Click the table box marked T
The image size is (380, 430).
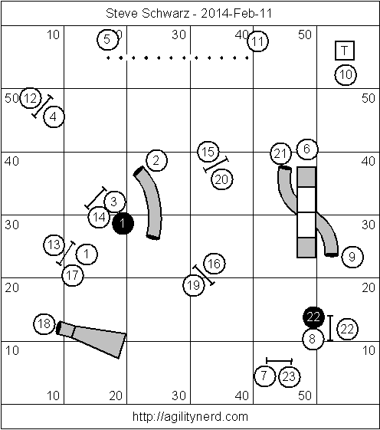point(345,51)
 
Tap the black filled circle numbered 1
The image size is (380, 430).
point(123,224)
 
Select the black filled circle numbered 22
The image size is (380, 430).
point(313,317)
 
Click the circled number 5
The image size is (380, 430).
point(108,40)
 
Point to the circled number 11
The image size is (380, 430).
point(257,41)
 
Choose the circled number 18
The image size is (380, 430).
point(44,324)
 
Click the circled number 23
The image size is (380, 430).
point(290,376)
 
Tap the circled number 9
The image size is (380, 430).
point(352,257)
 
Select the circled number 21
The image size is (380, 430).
point(280,153)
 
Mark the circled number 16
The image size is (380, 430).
point(215,264)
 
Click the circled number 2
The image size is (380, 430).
point(156,160)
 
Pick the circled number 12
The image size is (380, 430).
point(31,98)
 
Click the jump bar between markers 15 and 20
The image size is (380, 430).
point(216,164)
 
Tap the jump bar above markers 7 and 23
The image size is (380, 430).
point(279,360)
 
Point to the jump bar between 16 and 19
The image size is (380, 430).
point(204,275)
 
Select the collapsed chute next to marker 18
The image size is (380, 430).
point(91,340)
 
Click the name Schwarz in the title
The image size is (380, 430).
point(165,13)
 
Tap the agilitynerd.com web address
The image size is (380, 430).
point(190,416)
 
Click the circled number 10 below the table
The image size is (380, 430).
point(346,74)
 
